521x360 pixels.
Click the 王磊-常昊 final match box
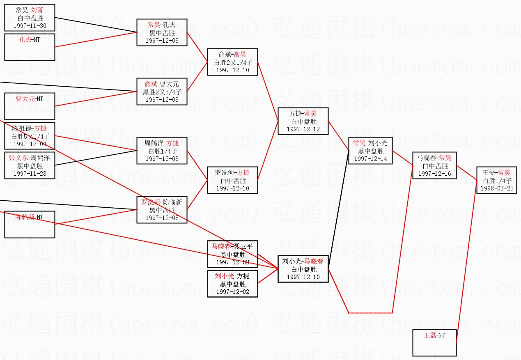(x=496, y=180)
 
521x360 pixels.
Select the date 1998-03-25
(x=497, y=188)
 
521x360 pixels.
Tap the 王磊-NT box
(x=434, y=342)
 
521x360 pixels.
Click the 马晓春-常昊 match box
(x=434, y=165)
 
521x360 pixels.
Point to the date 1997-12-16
(x=434, y=174)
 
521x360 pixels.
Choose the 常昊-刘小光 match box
(x=370, y=150)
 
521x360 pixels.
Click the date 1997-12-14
(x=370, y=158)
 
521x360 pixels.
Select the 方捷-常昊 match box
(x=303, y=121)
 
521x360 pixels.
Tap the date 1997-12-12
(x=303, y=129)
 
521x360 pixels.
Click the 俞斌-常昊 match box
(x=232, y=62)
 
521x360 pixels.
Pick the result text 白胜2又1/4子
(x=233, y=62)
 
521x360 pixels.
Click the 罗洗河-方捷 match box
(x=232, y=180)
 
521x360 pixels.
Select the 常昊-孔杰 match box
(x=162, y=32)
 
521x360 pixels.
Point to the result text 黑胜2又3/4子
(x=162, y=92)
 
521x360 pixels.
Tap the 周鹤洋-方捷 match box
(x=162, y=150)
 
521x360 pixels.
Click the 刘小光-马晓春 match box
(x=303, y=269)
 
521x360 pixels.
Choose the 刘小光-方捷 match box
(x=232, y=283)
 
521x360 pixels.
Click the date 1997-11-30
(x=30, y=26)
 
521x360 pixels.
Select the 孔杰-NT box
(x=30, y=47)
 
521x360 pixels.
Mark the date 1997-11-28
(x=30, y=173)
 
